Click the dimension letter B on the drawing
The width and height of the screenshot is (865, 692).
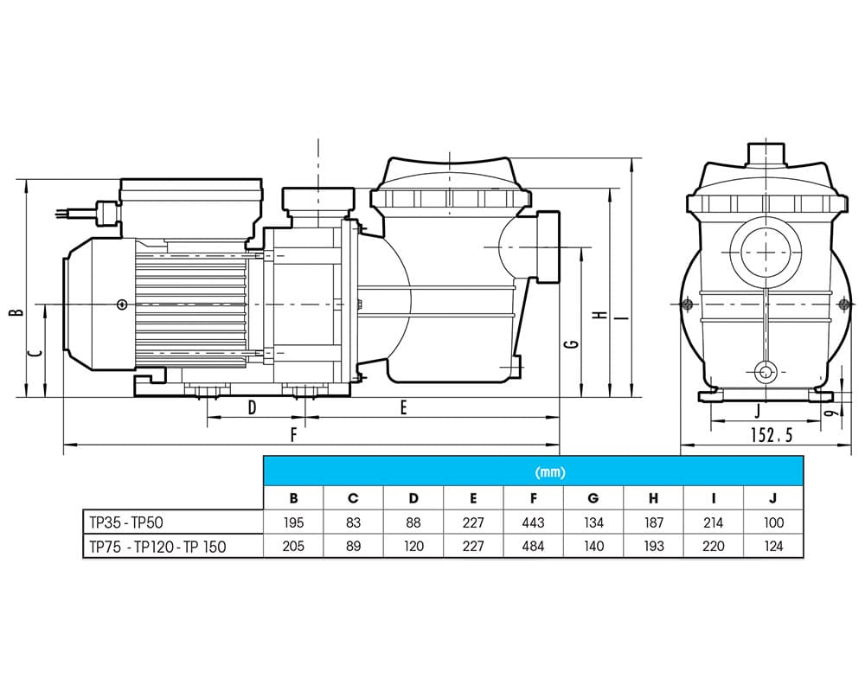[x=15, y=314]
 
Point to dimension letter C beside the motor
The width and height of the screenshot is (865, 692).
[x=32, y=353]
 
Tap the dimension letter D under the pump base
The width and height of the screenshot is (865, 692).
[x=252, y=408]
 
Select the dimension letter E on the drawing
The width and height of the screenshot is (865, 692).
[x=403, y=408]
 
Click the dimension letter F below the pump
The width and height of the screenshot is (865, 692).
[x=293, y=436]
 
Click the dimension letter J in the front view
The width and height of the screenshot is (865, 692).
[x=757, y=410]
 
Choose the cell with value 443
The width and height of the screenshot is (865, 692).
[x=533, y=522]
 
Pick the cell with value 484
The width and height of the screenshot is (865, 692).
[x=533, y=547]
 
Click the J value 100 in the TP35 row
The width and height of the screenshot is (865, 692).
[x=772, y=522]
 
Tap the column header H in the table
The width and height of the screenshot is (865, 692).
[x=653, y=498]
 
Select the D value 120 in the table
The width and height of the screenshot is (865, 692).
[x=413, y=547]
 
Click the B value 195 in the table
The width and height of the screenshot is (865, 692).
[x=293, y=522]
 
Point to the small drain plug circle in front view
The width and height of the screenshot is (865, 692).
[x=765, y=372]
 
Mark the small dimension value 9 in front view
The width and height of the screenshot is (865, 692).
[x=829, y=414]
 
